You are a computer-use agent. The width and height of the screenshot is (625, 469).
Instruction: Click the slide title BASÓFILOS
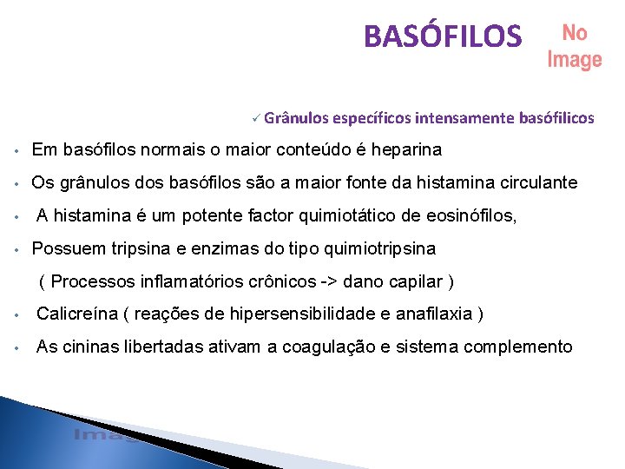(x=443, y=36)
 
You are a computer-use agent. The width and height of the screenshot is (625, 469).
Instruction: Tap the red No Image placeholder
(x=574, y=46)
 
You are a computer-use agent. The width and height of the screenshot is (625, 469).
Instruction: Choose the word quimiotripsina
(x=379, y=248)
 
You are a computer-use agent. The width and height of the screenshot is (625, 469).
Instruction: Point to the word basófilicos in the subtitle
(x=556, y=117)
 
